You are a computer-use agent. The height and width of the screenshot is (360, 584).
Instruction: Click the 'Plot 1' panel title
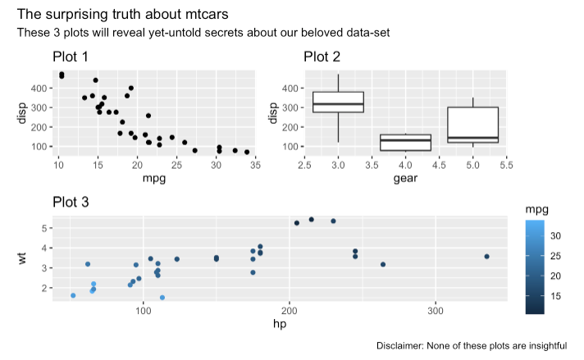tap(71, 57)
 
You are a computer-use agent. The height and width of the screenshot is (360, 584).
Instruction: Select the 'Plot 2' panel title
tap(322, 57)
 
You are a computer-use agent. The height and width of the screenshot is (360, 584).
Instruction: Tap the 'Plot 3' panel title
tap(71, 202)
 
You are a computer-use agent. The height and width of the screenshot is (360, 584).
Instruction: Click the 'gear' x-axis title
tap(405, 178)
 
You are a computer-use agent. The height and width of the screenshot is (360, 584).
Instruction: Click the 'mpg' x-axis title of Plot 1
tap(154, 178)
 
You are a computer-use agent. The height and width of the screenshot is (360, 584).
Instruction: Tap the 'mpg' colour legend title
tap(537, 210)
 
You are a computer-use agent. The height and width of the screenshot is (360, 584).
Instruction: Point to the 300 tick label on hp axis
tap(436, 311)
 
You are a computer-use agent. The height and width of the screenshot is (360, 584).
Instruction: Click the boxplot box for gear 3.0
tap(338, 102)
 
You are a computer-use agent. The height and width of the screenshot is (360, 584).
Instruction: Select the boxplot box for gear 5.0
tap(473, 125)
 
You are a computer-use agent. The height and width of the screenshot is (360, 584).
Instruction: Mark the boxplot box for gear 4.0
tap(405, 143)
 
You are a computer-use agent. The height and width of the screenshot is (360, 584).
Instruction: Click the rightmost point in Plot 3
tap(486, 257)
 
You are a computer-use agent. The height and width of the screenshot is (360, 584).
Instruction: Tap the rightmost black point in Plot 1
tap(247, 152)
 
